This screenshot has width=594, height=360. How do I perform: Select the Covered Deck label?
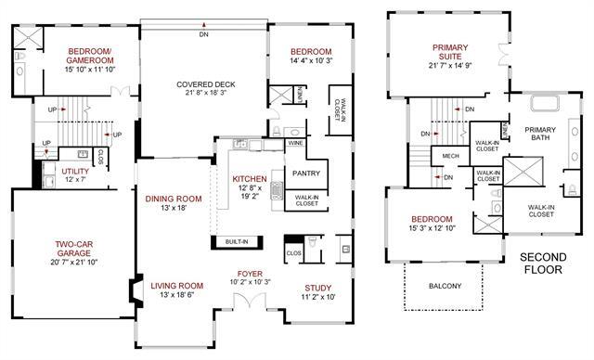[x=206, y=84]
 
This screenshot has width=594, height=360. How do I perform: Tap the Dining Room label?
[x=173, y=198]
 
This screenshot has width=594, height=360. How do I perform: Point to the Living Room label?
[x=176, y=286]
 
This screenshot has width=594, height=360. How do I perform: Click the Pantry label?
[x=305, y=174]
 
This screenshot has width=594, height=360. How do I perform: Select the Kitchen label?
[x=250, y=178]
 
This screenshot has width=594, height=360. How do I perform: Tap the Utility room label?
[x=75, y=172]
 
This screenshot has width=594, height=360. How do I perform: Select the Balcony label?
[x=445, y=286]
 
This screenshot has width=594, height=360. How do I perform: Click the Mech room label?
[x=451, y=156]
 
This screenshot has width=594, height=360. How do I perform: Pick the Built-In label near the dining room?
[x=236, y=242]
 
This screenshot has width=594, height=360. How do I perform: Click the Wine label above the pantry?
[x=295, y=144]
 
